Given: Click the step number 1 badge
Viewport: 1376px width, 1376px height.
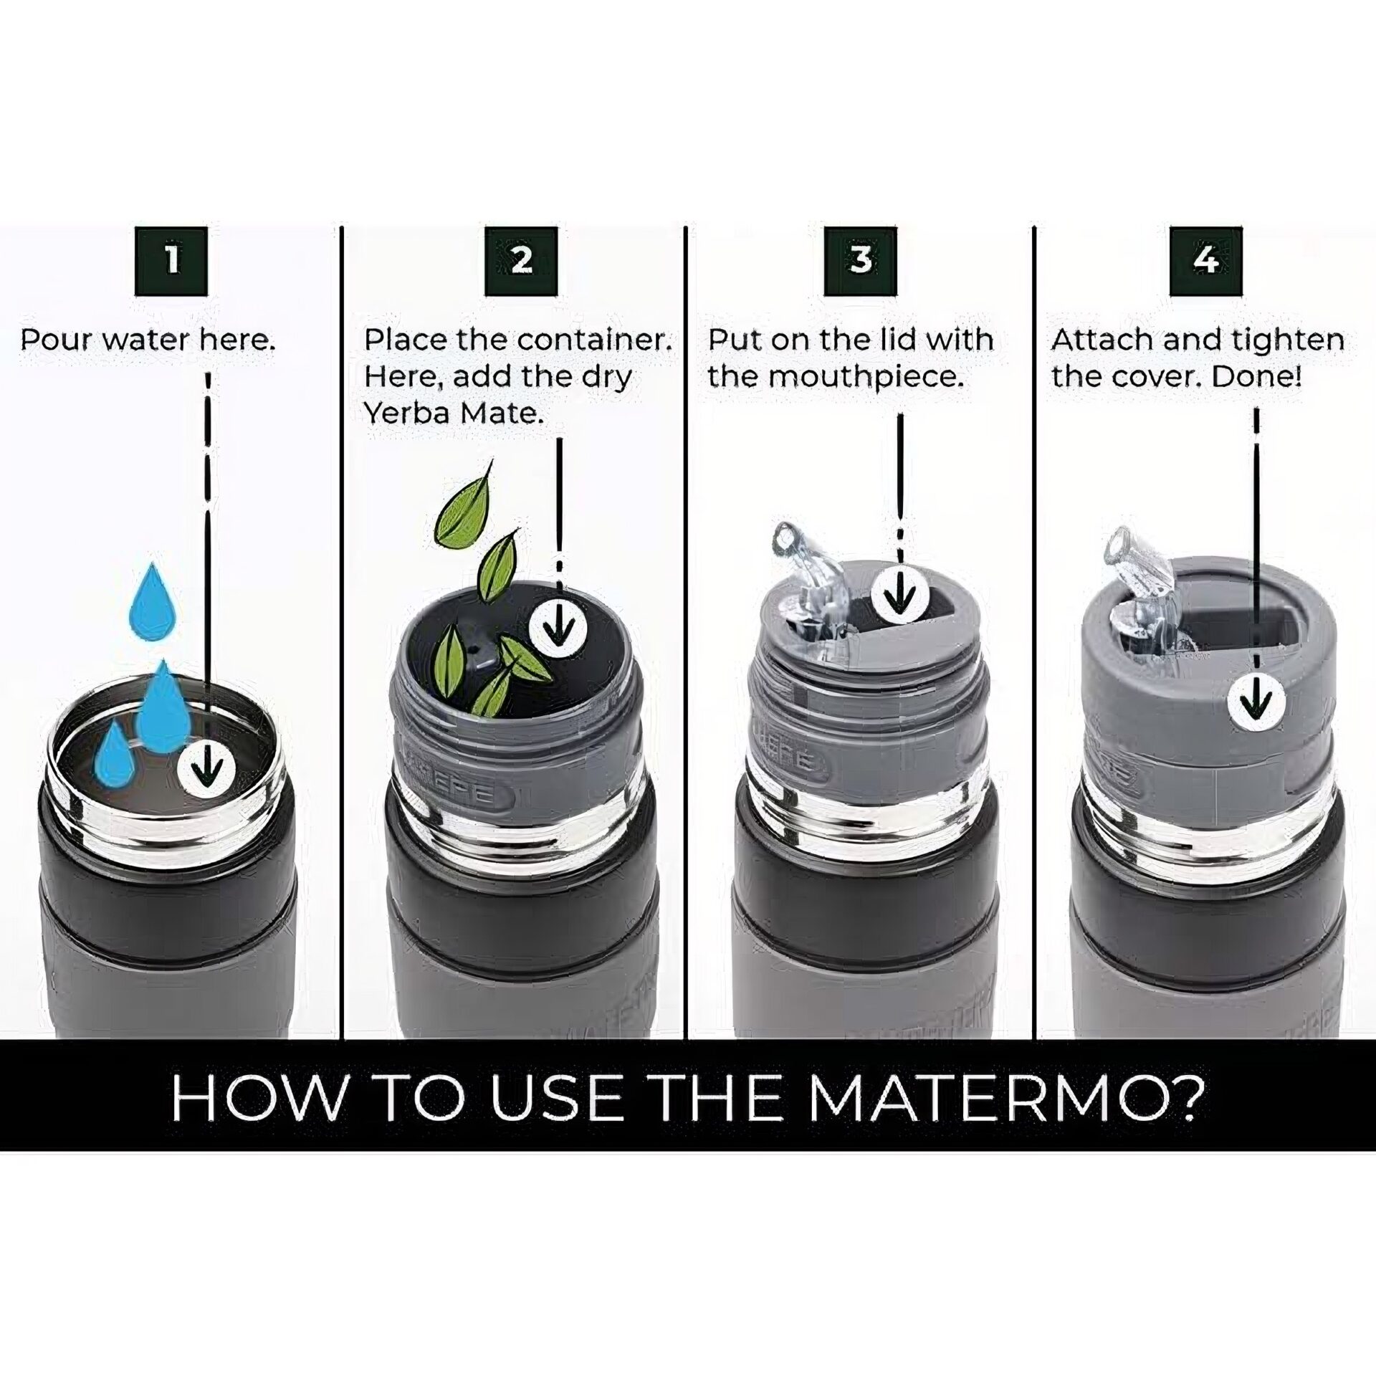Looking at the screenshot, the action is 172,261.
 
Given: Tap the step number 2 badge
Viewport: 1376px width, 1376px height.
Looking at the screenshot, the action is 521,261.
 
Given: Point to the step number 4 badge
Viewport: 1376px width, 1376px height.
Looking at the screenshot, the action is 1205,261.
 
